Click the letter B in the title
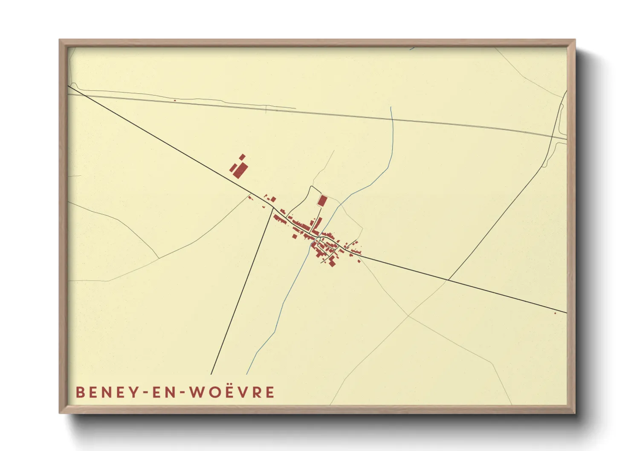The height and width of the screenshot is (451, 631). coord(80,392)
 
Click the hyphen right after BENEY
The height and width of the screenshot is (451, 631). coord(144,393)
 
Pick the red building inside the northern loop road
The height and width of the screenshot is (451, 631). coord(322,200)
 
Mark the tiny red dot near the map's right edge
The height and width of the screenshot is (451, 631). coord(555,313)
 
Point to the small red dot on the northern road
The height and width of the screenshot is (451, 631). coord(175,101)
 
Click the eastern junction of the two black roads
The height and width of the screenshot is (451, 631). coord(448,280)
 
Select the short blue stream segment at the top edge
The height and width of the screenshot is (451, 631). coord(412,49)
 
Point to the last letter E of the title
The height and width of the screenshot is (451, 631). coord(269,392)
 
